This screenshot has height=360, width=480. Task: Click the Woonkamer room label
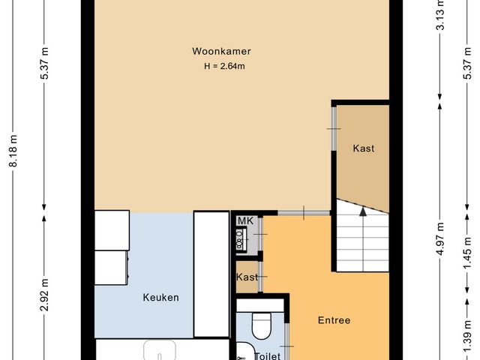[x=220, y=52]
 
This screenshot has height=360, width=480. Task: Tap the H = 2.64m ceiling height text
[x=225, y=66]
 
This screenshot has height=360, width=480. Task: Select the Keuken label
[x=160, y=298]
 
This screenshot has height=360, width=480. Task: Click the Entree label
[x=334, y=320]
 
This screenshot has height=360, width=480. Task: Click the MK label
[x=244, y=220]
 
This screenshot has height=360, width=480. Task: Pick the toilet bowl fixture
[x=261, y=325]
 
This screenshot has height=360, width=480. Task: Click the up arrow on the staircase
[x=363, y=212]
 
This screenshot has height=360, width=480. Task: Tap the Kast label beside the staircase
[x=364, y=148]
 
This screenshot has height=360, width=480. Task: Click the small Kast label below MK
[x=247, y=277]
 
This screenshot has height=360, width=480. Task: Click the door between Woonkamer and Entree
[x=302, y=213]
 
